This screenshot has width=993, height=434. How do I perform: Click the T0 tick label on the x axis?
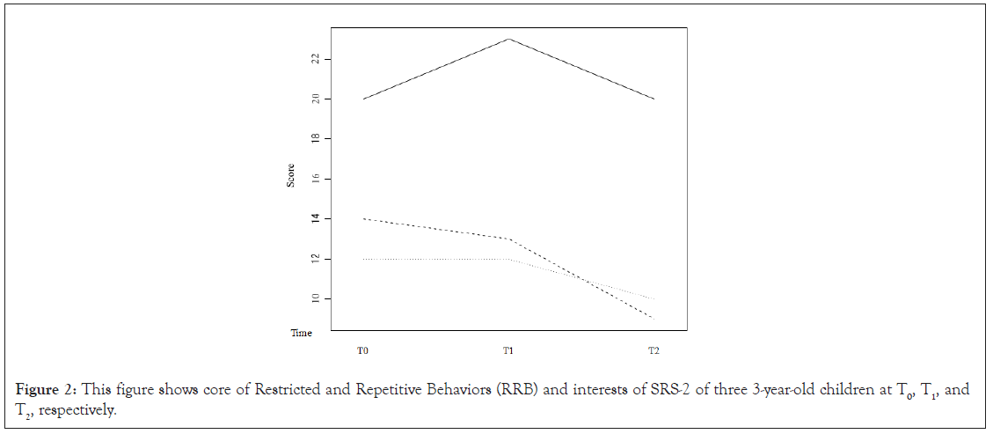pos(362,351)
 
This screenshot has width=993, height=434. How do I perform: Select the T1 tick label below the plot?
pos(508,351)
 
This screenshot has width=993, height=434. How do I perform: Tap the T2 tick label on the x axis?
pos(653,351)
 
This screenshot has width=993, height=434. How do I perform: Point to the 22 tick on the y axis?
pos(315,59)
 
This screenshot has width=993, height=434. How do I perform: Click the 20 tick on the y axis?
pos(315,99)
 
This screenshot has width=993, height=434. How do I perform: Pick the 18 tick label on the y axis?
pos(315,139)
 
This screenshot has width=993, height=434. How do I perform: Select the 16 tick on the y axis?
pos(315,179)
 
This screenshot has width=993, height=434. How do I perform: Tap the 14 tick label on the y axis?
pos(315,218)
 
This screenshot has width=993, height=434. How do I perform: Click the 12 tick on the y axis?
pos(315,259)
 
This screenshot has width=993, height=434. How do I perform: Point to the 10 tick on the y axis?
pos(315,298)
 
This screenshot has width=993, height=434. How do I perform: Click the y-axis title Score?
pos(291,175)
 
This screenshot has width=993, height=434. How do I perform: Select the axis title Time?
pos(302,334)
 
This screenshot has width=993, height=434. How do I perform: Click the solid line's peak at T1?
pos(508,39)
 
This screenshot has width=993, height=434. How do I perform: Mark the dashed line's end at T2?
pos(653,319)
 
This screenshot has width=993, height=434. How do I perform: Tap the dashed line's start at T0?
pos(362,218)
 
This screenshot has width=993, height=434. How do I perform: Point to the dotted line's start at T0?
pos(362,259)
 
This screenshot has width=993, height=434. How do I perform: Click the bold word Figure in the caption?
pos(40,390)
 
